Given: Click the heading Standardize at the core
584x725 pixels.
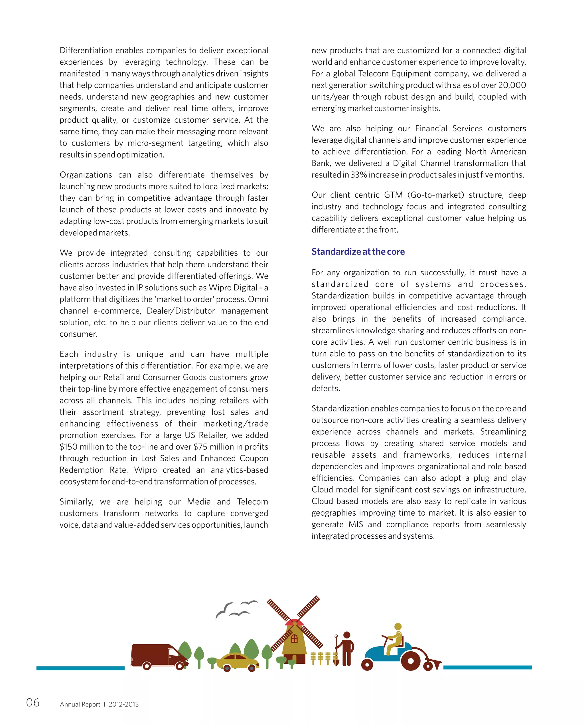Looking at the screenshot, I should tap(358, 251).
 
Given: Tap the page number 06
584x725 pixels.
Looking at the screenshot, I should tap(33, 702).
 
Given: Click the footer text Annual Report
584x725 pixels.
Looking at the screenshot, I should tap(80, 704).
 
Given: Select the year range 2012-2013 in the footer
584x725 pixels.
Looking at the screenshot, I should tap(123, 704).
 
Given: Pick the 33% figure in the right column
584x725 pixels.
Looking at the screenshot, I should tap(359, 175).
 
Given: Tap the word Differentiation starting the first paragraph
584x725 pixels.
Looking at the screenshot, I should tap(86, 51).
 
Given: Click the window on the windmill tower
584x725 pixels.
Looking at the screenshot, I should tap(294, 639).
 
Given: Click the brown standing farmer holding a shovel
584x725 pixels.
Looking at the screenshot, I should tap(346, 648).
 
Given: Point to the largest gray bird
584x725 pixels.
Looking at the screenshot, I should tap(224, 610).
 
